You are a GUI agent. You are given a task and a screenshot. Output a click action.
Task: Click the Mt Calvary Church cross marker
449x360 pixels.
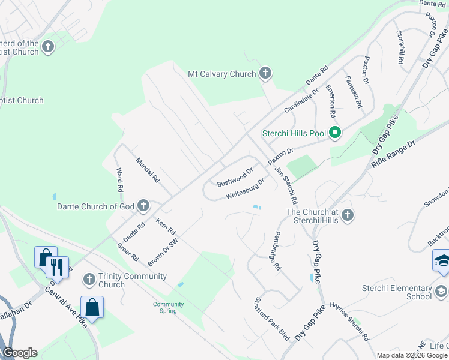[x=265, y=74]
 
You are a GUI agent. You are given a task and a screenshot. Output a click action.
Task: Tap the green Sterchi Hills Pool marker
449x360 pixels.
[x=334, y=133]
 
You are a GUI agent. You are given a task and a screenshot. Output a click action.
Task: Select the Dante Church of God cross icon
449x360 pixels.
[x=143, y=206]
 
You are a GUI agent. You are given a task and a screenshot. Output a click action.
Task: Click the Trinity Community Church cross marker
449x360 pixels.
[x=89, y=279]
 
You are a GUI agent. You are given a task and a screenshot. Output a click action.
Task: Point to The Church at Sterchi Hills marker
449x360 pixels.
[x=348, y=215]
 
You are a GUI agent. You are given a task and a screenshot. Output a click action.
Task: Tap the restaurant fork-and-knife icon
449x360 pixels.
[x=57, y=266]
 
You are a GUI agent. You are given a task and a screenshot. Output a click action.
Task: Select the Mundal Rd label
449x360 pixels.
[x=148, y=170]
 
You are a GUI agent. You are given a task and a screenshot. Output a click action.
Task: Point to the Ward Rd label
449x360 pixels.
[x=119, y=179]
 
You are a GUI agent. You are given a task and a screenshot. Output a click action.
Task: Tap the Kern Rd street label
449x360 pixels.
[x=165, y=227]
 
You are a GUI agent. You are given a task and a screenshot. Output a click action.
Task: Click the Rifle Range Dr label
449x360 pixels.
[x=394, y=154]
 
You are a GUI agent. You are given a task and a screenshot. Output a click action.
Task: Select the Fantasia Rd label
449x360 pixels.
[x=354, y=92]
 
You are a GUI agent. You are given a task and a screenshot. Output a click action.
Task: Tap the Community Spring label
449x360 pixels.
[x=168, y=307]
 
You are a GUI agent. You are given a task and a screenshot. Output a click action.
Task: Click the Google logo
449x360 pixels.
[x=20, y=353]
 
